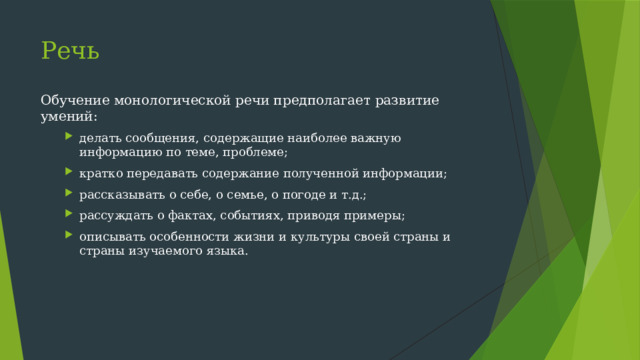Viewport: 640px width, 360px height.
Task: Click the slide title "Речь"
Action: click(70, 50)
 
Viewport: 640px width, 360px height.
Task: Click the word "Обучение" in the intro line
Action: click(71, 100)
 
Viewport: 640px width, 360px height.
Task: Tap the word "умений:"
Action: click(69, 117)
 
